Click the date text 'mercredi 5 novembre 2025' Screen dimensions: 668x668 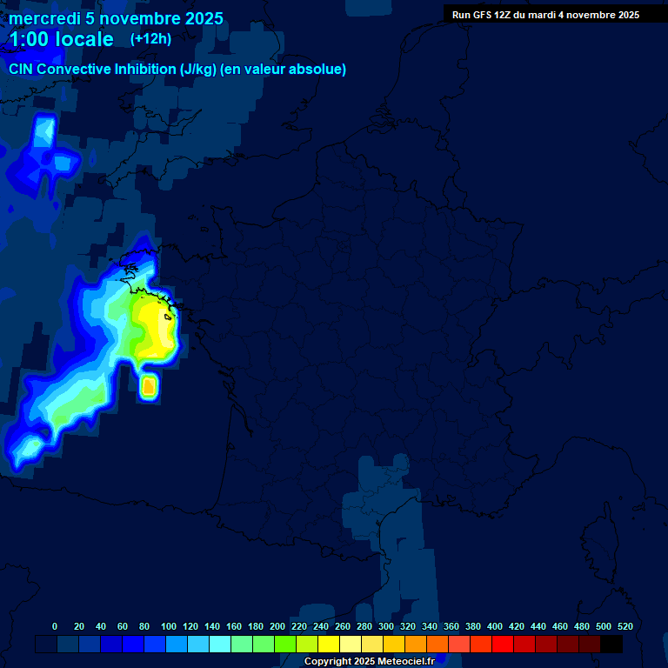116,18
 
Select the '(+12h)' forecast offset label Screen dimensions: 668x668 150,39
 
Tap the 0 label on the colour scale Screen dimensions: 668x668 55,626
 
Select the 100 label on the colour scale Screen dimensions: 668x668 169,626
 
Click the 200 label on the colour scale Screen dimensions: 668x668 277,626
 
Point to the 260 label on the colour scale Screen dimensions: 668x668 343,626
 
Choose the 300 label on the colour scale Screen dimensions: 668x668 386,626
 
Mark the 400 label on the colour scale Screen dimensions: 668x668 495,626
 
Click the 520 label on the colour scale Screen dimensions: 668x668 625,626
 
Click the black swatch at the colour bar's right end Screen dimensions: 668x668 611,645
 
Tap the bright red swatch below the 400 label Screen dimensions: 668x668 503,645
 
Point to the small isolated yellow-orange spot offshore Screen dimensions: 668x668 149,384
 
